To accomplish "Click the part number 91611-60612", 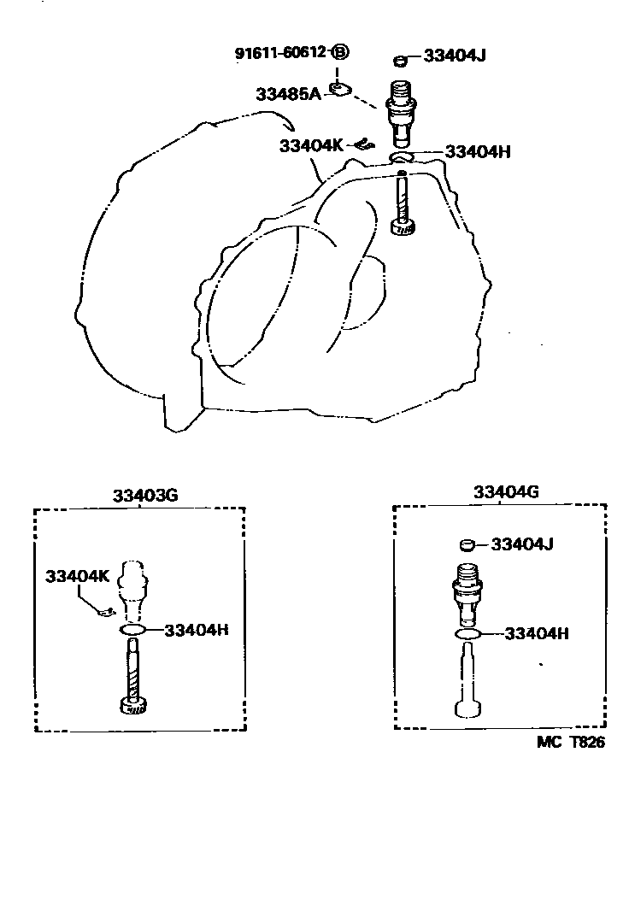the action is (x=281, y=53).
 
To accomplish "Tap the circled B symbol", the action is (x=340, y=53).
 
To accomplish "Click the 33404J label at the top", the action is (x=455, y=58).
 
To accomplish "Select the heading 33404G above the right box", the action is (x=506, y=492).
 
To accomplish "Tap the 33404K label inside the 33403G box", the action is (x=78, y=576).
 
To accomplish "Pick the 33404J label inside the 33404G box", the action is (x=522, y=544).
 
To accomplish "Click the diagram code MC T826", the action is (x=570, y=743).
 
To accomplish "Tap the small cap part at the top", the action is (x=399, y=60).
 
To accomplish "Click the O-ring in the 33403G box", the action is (x=132, y=630).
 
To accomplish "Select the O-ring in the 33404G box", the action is (x=468, y=634).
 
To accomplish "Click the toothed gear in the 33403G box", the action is (x=132, y=706).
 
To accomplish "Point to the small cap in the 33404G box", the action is (x=467, y=544).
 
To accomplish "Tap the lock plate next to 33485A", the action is (x=344, y=89).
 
